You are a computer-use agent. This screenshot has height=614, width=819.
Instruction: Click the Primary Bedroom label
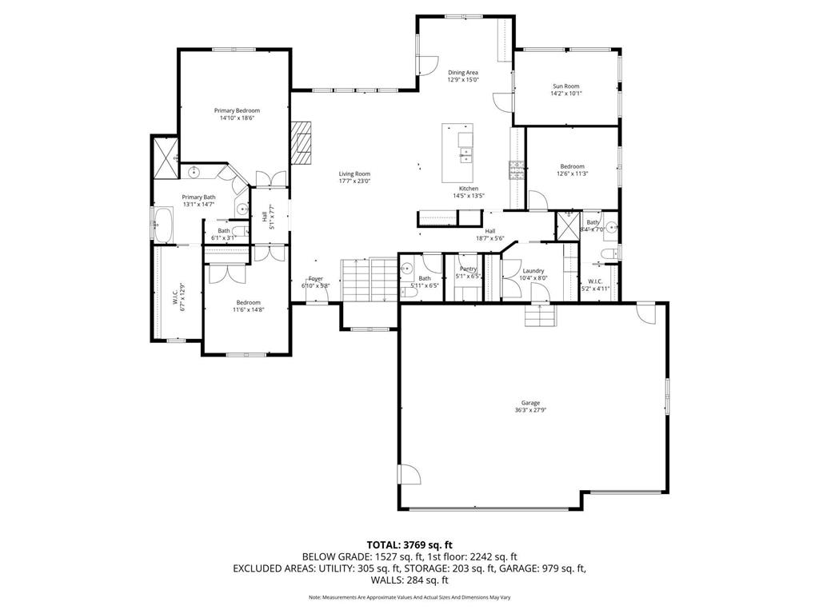(237, 110)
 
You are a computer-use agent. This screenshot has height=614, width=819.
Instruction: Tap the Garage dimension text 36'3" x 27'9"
(530, 410)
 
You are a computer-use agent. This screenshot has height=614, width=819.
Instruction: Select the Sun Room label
(565, 86)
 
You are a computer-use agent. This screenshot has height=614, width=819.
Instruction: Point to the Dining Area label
(462, 73)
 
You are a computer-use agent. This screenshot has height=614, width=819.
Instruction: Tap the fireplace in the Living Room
(303, 141)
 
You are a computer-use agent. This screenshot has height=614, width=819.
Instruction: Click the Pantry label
(468, 269)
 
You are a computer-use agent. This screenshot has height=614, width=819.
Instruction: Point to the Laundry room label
(533, 271)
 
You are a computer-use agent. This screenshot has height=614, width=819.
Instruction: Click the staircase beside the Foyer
(370, 280)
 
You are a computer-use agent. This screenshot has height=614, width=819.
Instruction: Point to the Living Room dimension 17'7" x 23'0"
(354, 181)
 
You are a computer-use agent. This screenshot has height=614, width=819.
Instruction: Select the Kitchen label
(468, 189)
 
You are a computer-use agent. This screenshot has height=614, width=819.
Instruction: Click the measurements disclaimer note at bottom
(409, 597)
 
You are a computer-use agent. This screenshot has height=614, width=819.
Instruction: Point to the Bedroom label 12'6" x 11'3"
(572, 166)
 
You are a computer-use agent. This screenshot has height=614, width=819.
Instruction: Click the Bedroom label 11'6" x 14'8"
(248, 303)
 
